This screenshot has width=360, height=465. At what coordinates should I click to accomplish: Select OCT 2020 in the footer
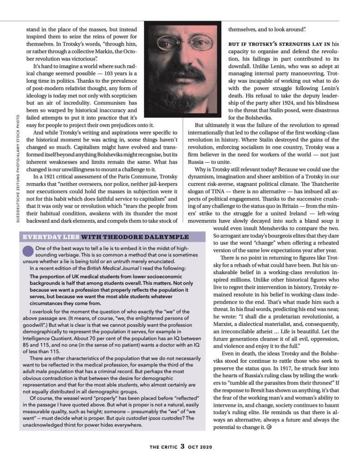point(200,447)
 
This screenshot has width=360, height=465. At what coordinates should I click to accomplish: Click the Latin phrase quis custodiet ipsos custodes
point(142,418)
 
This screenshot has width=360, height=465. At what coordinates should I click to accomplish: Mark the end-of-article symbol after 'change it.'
point(269,427)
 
